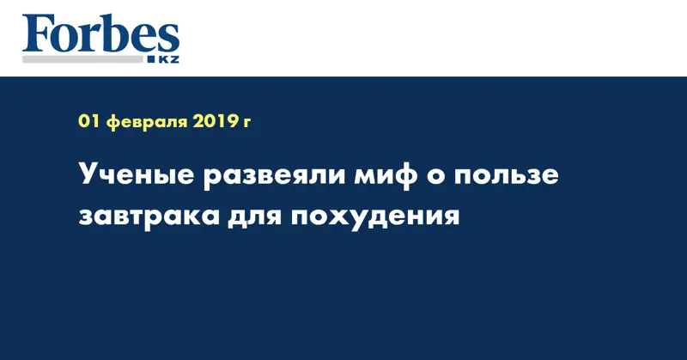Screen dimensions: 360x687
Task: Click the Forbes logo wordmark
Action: [x=100, y=34]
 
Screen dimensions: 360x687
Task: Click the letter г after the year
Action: [x=246, y=125]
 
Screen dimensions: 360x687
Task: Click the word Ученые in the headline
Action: [x=131, y=176]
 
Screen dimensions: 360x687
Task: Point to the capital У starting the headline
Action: [x=88, y=176]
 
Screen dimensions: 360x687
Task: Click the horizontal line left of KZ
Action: [x=85, y=61]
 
